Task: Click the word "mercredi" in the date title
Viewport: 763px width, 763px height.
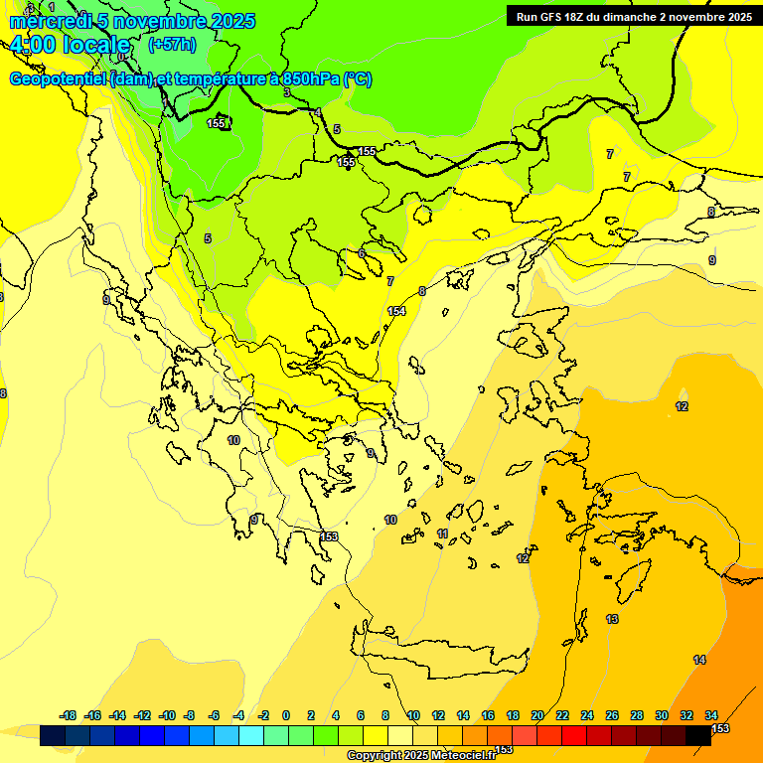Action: [x=48, y=21]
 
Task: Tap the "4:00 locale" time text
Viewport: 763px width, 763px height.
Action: [x=70, y=45]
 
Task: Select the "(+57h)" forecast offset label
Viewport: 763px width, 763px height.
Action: [x=171, y=45]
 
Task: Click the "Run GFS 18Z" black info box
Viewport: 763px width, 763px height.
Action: [x=633, y=16]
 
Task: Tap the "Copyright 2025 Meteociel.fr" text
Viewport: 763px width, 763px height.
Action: [x=420, y=755]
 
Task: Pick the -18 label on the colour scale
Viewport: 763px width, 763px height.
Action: [x=68, y=715]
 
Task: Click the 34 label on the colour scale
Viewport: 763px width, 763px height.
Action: [x=711, y=715]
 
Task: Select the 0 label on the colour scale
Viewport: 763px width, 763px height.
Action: [x=286, y=715]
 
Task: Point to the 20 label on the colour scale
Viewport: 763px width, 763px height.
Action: [x=537, y=715]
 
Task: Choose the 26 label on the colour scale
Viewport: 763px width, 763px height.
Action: [x=612, y=715]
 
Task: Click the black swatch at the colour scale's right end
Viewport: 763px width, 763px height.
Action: [x=698, y=735]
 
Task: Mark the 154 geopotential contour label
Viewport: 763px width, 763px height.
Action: [x=396, y=311]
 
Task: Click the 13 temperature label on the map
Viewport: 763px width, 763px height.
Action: [x=612, y=619]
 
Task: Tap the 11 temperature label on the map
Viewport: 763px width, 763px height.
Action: [x=442, y=534]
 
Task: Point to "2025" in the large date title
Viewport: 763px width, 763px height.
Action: [x=231, y=21]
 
